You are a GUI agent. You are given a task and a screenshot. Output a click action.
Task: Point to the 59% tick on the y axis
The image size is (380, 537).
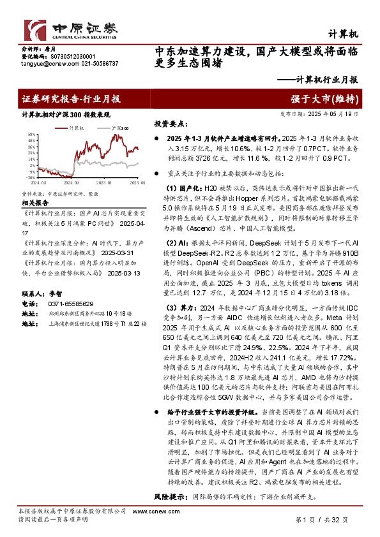coord(30,134)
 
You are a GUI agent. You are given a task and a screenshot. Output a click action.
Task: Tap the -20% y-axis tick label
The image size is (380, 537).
coord(30,177)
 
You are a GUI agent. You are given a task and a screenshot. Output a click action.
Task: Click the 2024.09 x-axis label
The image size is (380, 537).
coord(72,182)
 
